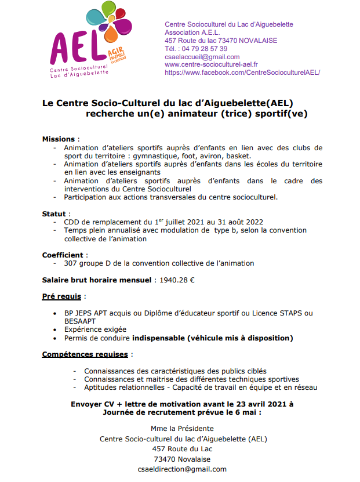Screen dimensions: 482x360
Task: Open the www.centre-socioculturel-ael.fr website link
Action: tap(212, 64)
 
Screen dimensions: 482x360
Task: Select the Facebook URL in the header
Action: tap(242, 73)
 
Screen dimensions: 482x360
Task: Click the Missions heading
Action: tap(59, 139)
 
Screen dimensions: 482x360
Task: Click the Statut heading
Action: tap(55, 214)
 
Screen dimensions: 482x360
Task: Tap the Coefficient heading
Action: tap(65, 255)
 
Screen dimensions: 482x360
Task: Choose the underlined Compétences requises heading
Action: tap(86, 354)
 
